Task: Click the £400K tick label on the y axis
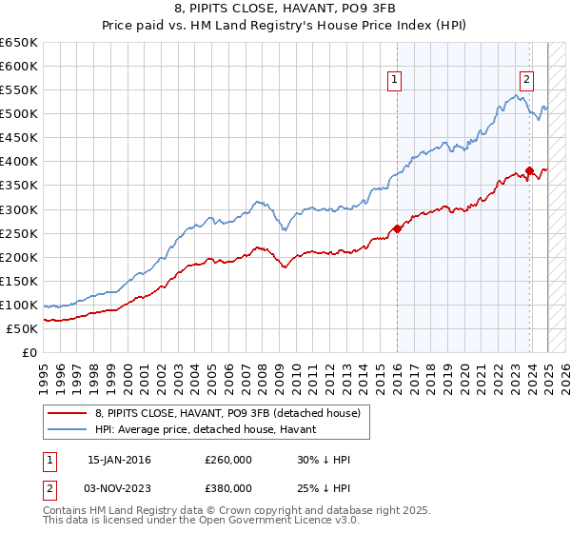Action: [18, 162]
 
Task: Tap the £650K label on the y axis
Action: [18, 43]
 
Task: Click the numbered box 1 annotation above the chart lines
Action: [394, 81]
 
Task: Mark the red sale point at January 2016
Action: [397, 228]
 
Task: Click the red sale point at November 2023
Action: [529, 171]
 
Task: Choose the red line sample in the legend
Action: [67, 413]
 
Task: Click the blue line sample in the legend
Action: [67, 429]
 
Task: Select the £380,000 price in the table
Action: [228, 487]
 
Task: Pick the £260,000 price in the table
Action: [228, 460]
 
